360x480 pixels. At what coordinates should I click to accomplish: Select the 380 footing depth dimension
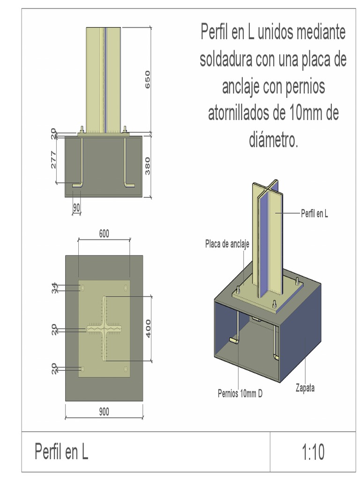coord(147,166)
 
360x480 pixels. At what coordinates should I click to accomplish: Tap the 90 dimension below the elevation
coord(76,206)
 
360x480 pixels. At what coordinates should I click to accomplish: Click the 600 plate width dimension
coord(104,233)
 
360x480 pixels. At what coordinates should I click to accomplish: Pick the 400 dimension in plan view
coord(148,329)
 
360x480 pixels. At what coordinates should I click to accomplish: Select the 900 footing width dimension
coord(104,412)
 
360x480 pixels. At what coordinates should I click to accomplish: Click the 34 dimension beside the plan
coord(54,288)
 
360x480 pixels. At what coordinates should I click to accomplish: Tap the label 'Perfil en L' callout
coord(314,213)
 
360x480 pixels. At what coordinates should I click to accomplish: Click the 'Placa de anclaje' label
coord(227,244)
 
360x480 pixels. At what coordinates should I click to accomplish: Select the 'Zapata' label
coord(305,388)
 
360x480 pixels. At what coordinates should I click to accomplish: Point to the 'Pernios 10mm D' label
coord(240,394)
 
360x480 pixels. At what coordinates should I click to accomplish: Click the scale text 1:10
coord(313,453)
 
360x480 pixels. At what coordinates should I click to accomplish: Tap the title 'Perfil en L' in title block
coord(61,452)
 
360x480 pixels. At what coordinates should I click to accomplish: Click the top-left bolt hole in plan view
coord(83,287)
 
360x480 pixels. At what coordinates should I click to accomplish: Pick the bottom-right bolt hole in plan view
coord(126,370)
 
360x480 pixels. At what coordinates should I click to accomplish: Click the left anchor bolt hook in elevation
coord(78,186)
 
